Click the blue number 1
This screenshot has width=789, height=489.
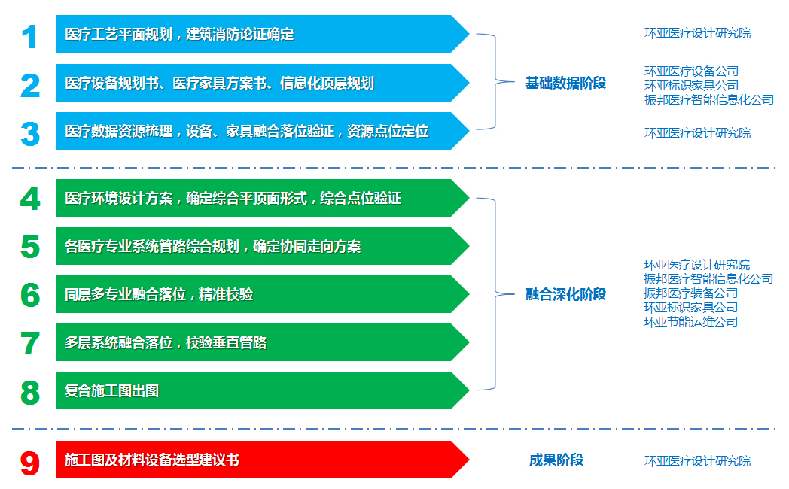29,37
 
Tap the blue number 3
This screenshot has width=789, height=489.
30,134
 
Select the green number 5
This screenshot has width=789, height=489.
30,247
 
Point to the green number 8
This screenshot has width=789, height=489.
30,393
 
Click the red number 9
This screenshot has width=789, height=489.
30,463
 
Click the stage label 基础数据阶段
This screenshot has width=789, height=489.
565,83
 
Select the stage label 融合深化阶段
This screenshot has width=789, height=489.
565,294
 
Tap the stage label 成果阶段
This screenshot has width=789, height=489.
556,460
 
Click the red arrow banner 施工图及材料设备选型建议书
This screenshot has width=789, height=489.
263,460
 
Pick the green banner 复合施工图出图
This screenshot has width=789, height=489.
263,390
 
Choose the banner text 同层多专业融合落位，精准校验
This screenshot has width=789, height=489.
159,294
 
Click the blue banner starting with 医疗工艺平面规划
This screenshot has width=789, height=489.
263,34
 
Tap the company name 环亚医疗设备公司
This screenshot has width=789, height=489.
691,71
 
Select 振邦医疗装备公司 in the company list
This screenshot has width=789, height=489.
691,293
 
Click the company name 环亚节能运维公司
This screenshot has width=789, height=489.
691,322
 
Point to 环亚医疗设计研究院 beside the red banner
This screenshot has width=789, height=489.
697,461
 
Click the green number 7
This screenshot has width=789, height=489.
30,344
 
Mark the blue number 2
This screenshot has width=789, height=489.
30,86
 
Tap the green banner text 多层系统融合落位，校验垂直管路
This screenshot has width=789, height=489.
166,343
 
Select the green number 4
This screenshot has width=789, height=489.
30,199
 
